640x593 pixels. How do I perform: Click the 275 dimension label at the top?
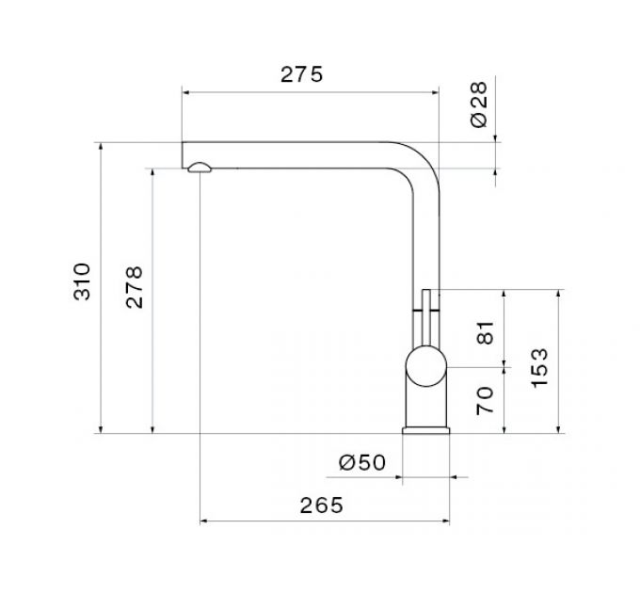point(301,75)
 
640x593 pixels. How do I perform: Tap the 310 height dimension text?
point(84,281)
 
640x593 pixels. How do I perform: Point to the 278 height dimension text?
point(135,287)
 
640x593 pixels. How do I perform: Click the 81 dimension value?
point(486,333)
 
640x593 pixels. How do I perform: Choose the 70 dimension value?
point(486,401)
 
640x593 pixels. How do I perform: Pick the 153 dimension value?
point(538,367)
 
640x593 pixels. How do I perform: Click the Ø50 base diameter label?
point(361,461)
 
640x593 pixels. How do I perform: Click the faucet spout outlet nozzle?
point(200,168)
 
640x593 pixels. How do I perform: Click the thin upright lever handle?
point(425,315)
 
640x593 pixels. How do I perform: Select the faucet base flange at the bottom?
point(426,429)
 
